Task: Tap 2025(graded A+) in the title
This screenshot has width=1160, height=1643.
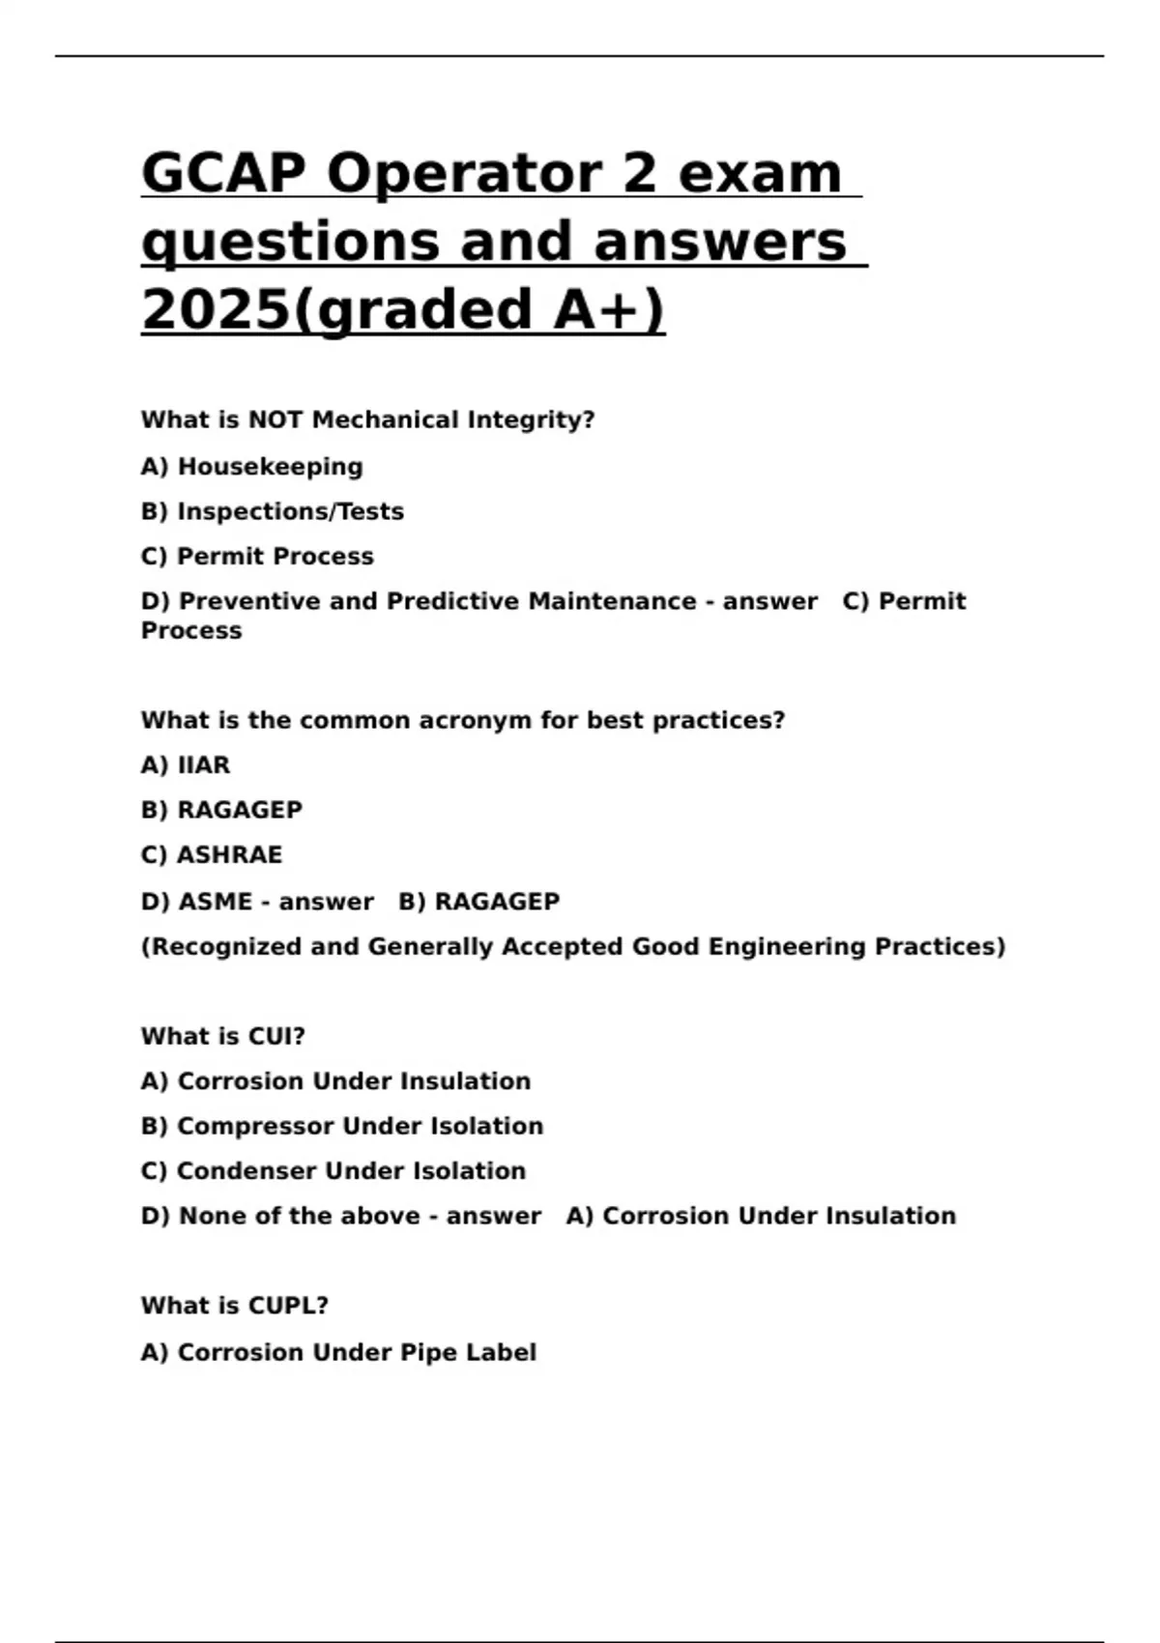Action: pyautogui.click(x=403, y=309)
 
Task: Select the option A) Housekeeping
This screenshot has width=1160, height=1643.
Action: pyautogui.click(x=251, y=467)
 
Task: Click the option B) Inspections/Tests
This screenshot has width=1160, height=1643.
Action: pyautogui.click(x=272, y=511)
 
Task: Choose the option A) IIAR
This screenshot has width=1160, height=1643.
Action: pyautogui.click(x=186, y=765)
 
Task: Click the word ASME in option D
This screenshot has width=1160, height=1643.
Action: pyautogui.click(x=216, y=902)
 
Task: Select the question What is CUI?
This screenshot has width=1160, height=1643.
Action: pyautogui.click(x=222, y=1036)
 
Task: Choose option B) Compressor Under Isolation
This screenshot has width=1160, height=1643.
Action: pyautogui.click(x=341, y=1126)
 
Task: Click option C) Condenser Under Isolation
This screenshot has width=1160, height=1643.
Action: pyautogui.click(x=333, y=1170)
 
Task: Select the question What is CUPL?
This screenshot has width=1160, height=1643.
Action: pyautogui.click(x=234, y=1306)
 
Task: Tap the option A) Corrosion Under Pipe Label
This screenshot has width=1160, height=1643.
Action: pyautogui.click(x=338, y=1352)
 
